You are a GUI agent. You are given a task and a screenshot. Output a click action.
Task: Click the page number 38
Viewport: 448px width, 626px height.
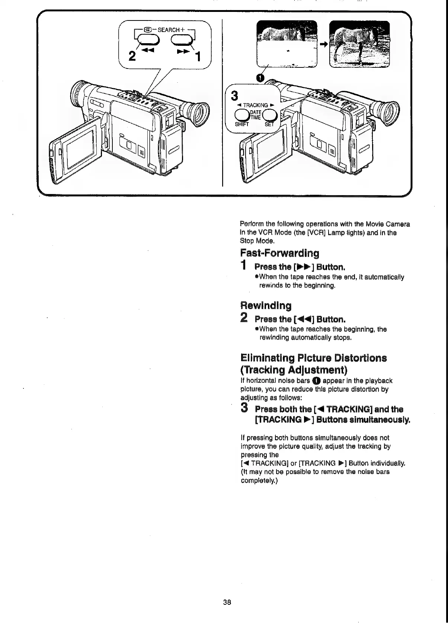click(227, 602)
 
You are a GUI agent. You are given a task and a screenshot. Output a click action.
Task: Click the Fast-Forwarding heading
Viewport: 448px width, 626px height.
click(279, 254)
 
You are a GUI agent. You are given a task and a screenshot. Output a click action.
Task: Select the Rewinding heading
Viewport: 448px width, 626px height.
click(266, 306)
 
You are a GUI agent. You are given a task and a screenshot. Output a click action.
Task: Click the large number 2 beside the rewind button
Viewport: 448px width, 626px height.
click(132, 56)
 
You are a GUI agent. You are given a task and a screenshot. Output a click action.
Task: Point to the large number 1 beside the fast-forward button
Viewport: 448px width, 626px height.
click(199, 57)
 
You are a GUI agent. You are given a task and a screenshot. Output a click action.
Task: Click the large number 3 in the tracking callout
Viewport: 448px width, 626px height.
click(234, 96)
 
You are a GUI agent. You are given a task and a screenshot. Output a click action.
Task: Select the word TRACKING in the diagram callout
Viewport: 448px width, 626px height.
click(256, 105)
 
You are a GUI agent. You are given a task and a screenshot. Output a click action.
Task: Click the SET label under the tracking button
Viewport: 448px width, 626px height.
click(269, 124)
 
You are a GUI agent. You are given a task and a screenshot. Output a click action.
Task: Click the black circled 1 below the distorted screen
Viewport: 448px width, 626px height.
click(260, 77)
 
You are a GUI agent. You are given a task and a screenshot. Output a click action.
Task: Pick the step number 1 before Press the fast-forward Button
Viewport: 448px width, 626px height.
click(243, 266)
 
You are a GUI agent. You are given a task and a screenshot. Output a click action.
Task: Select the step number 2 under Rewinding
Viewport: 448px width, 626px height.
click(244, 318)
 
